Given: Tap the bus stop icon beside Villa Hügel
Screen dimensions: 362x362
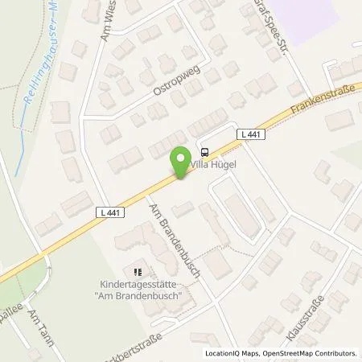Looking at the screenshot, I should (x=204, y=150).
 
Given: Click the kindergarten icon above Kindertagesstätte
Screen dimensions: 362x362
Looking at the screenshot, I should (x=137, y=272).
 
